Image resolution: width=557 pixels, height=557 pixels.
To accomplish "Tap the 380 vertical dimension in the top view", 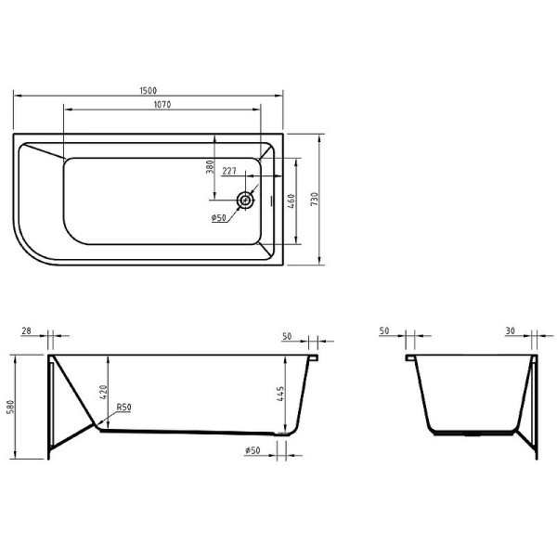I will [211, 168].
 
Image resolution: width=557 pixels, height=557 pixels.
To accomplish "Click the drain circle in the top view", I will [246, 200].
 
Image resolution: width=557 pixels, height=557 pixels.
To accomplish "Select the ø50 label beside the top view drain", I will [219, 218].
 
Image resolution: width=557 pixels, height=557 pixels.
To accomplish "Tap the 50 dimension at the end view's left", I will [386, 330].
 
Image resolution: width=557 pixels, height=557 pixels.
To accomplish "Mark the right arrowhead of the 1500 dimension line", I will [280, 96].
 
